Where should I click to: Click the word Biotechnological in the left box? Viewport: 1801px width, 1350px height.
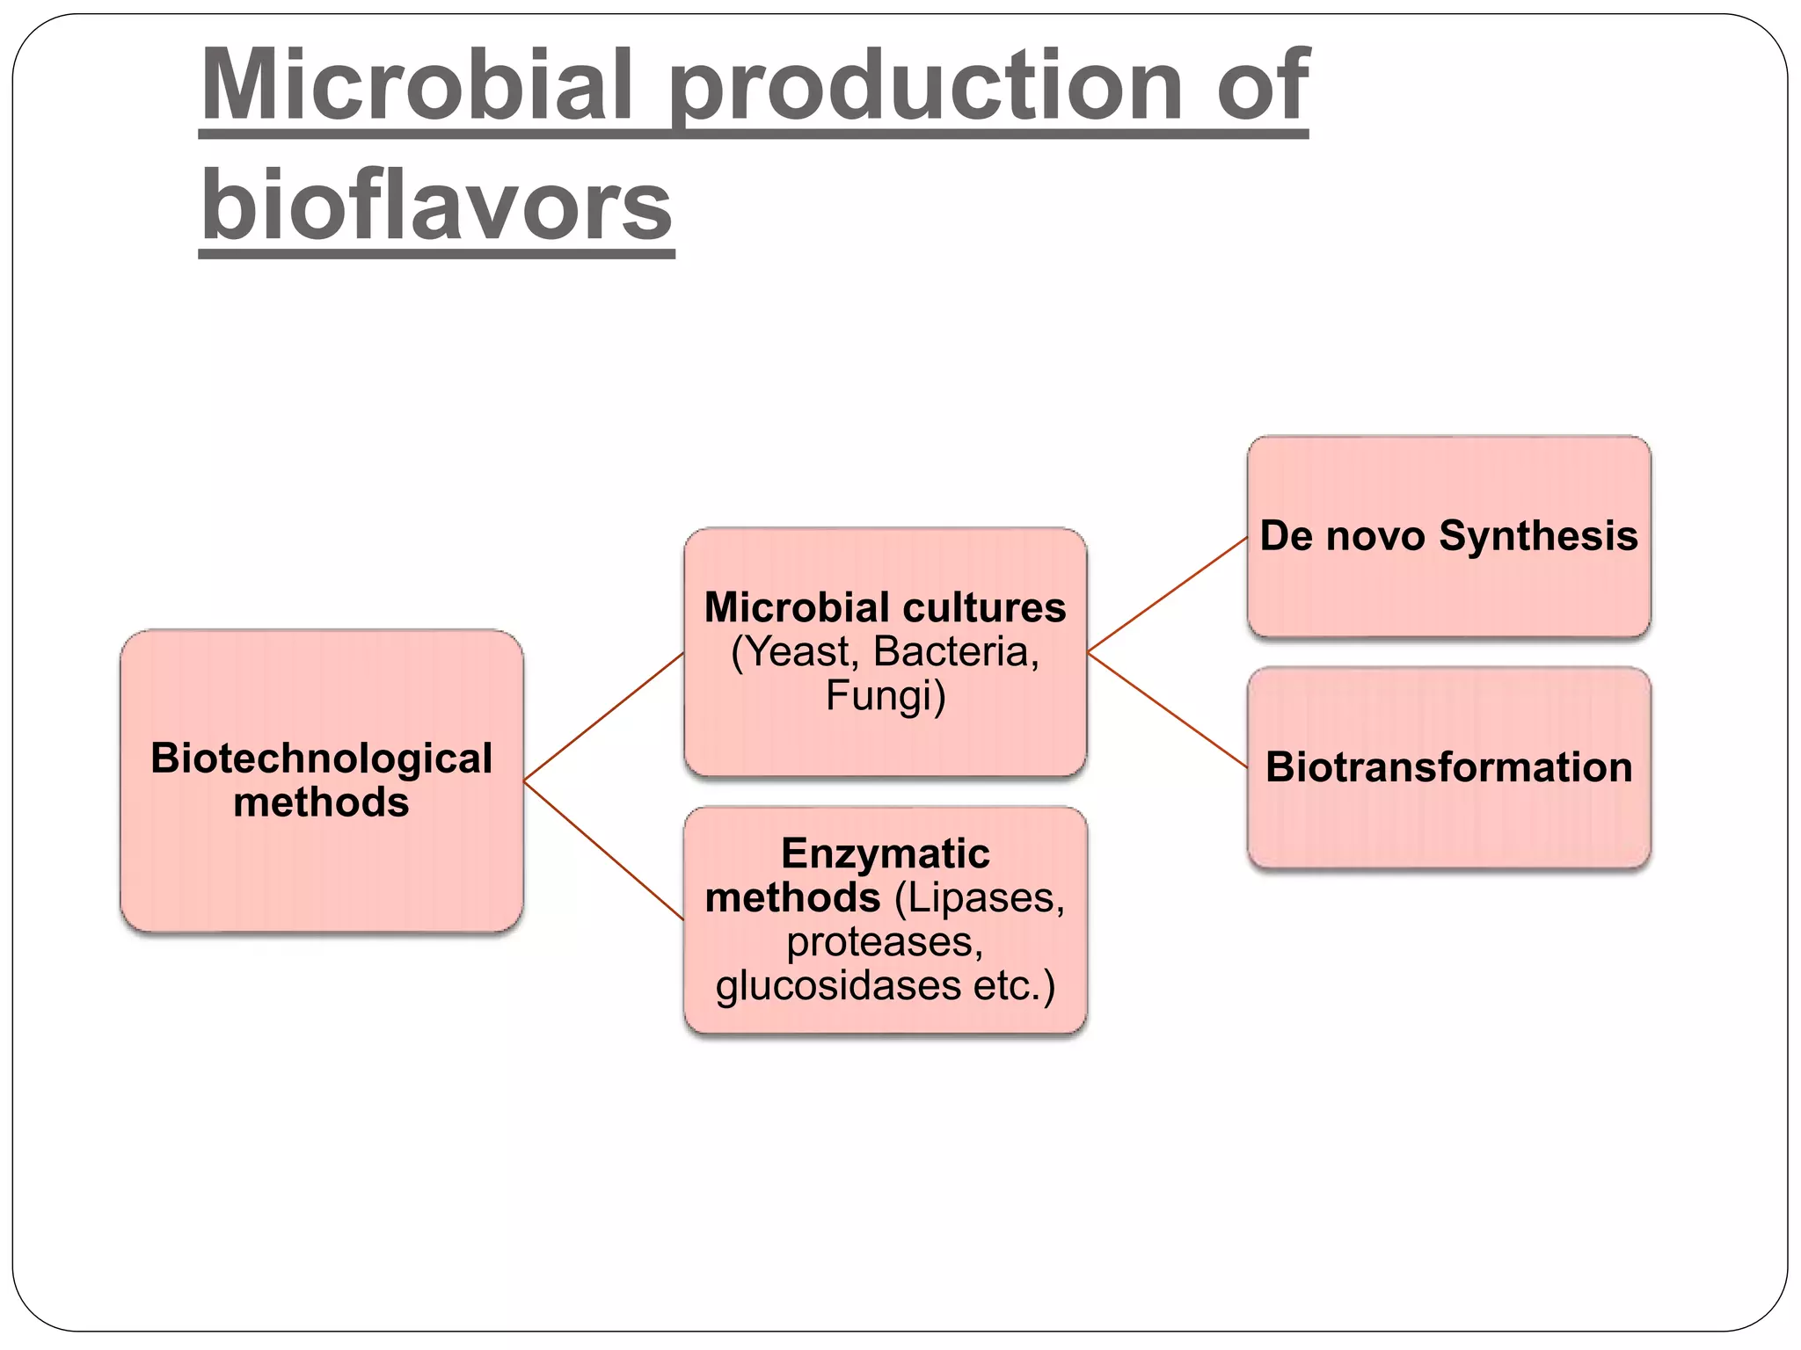[x=321, y=758]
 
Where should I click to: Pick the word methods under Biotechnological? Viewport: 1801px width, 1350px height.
[x=321, y=802]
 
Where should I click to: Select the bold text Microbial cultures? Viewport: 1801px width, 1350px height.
[x=885, y=607]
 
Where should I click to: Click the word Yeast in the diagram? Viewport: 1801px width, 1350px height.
[x=799, y=651]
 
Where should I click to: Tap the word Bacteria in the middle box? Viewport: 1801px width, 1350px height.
[x=955, y=651]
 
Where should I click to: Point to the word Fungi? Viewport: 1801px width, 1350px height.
[x=885, y=695]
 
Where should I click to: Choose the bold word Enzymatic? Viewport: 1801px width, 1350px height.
[x=885, y=853]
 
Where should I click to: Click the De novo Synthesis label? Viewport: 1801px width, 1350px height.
[x=1448, y=535]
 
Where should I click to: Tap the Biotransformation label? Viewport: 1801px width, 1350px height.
[x=1448, y=766]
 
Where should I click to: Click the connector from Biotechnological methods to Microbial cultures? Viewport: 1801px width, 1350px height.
[x=604, y=716]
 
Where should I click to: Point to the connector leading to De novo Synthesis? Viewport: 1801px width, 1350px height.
[x=1168, y=594]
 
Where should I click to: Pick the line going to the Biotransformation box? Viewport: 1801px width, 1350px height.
[x=1168, y=710]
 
